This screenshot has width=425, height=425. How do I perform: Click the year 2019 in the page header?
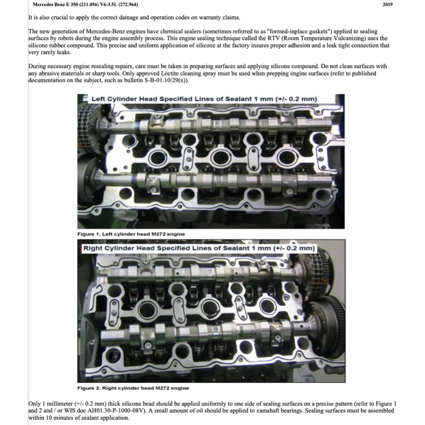(x=387, y=5)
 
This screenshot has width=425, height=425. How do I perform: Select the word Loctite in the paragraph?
(x=154, y=73)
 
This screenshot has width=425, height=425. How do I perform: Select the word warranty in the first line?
(x=200, y=18)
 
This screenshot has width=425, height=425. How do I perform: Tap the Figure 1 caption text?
(x=131, y=234)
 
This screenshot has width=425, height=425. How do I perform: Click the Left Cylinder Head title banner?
(x=203, y=99)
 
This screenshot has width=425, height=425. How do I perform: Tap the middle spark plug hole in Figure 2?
(x=210, y=307)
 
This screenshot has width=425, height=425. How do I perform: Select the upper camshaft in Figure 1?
(x=216, y=125)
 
